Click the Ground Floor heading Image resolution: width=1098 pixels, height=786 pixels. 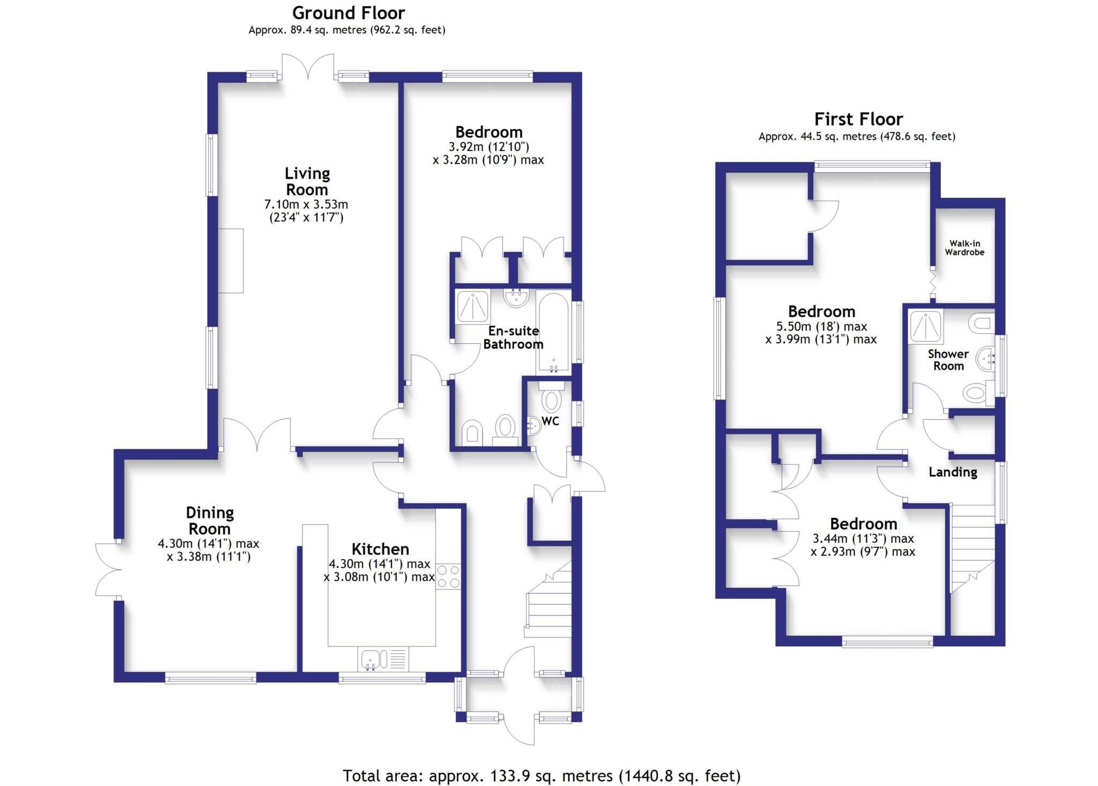(x=348, y=12)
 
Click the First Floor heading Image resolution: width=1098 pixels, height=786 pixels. (x=858, y=119)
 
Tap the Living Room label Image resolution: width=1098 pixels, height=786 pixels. (x=307, y=181)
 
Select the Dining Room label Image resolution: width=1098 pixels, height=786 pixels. (x=210, y=520)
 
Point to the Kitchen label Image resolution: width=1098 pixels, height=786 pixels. (x=380, y=549)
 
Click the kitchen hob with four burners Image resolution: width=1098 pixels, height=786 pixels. (x=449, y=577)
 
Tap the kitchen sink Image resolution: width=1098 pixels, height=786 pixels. (x=383, y=659)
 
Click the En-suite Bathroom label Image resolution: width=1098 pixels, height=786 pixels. (x=513, y=337)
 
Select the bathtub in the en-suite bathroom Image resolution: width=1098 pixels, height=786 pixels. (x=553, y=333)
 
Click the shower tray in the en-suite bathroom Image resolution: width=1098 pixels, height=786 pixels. (x=472, y=307)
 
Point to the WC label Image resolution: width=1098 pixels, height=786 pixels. (x=551, y=421)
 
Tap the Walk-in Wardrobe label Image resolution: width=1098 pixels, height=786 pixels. (x=965, y=248)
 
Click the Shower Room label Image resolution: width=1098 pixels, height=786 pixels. (x=948, y=360)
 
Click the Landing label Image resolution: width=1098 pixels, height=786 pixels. (x=953, y=472)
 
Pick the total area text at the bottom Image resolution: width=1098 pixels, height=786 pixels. (x=541, y=776)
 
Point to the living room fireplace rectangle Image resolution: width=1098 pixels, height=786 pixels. (x=231, y=261)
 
